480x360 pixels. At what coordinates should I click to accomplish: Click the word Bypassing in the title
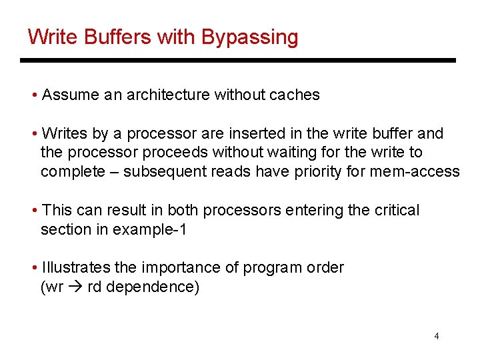pyautogui.click(x=249, y=37)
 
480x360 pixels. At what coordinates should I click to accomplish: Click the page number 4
pyautogui.click(x=437, y=336)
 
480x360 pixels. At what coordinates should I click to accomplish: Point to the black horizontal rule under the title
pyautogui.click(x=237, y=61)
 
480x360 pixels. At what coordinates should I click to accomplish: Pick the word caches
pyautogui.click(x=295, y=95)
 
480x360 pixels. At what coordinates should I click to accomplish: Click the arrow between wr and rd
pyautogui.click(x=75, y=287)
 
